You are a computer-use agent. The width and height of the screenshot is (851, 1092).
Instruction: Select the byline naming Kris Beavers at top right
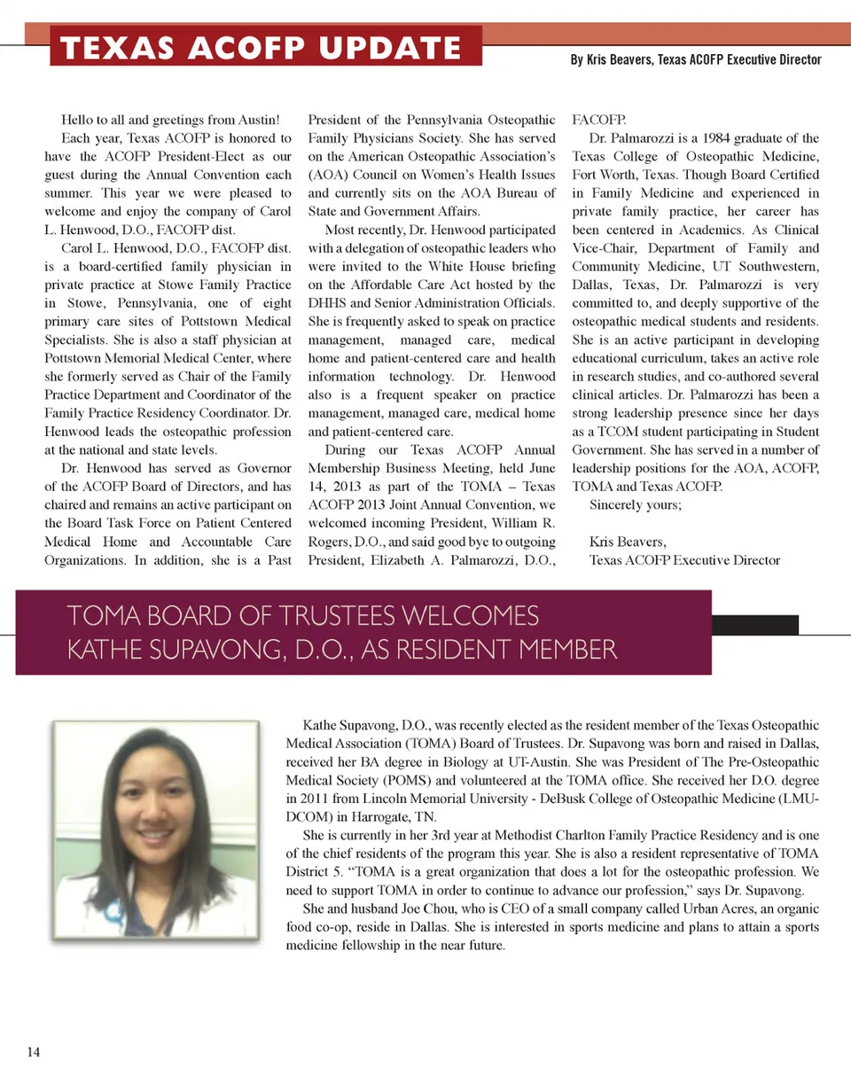point(696,60)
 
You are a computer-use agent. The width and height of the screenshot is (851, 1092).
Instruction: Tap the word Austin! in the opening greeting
point(259,120)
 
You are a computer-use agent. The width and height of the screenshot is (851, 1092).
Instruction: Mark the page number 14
point(34,1052)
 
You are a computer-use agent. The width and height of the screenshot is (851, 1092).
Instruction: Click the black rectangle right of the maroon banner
point(754,624)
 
